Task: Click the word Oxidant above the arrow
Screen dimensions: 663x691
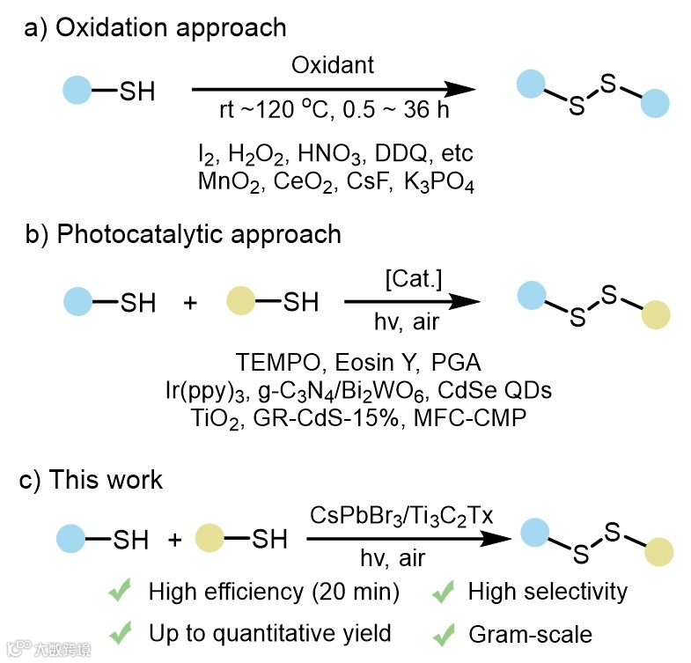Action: tap(333, 65)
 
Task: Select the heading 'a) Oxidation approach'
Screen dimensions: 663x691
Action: tap(156, 27)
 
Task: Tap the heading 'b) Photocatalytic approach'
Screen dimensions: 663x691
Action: tap(182, 235)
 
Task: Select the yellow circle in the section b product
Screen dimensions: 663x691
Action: tap(656, 313)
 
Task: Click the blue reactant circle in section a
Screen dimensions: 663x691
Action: tap(77, 90)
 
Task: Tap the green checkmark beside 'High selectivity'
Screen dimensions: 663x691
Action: tap(442, 592)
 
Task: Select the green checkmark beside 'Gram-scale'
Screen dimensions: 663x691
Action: tap(442, 632)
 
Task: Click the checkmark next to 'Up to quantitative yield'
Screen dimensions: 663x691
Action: tap(121, 632)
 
